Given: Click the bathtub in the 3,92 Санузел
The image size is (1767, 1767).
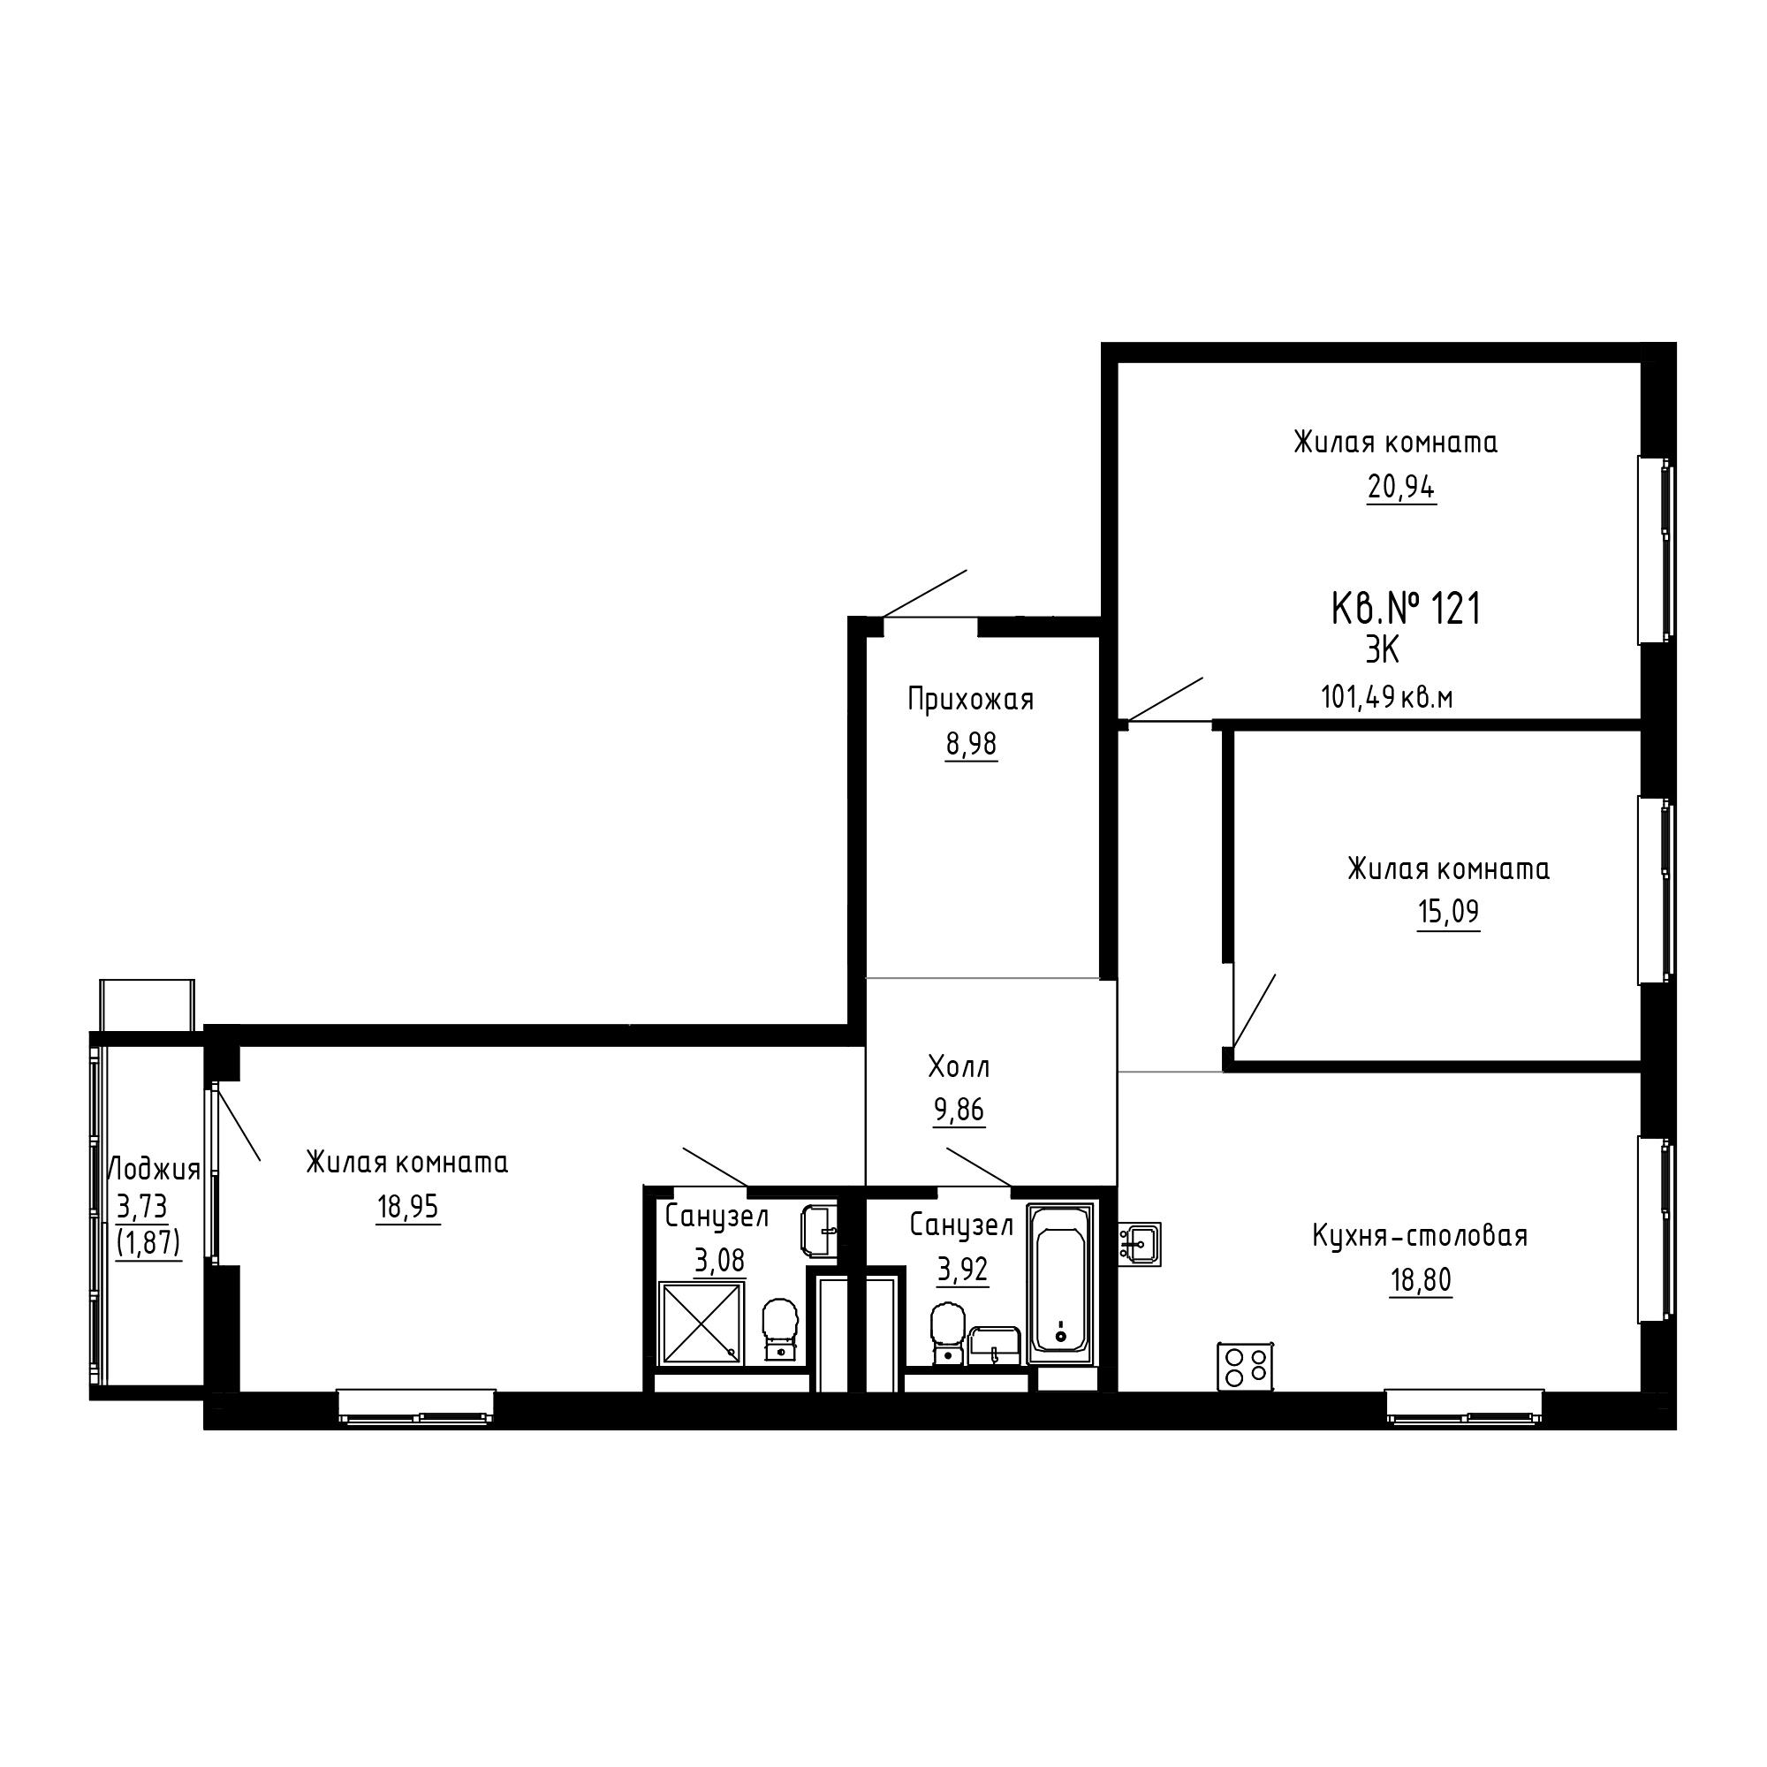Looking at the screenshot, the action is click(1061, 1283).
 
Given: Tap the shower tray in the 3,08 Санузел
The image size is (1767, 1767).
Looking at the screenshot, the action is click(701, 1323).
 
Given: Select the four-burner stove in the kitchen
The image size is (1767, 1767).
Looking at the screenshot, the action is click(1246, 1367).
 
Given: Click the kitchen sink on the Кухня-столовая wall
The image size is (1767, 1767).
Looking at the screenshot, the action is click(1140, 1244).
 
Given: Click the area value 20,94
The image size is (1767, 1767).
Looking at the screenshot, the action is click(1401, 488).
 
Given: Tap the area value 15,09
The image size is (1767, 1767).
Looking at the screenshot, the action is click(1448, 912).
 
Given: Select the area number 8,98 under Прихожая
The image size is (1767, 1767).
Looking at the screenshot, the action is click(971, 745).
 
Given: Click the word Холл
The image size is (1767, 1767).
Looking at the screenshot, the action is click(959, 1066).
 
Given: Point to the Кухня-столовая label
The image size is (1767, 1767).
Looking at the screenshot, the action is click(1420, 1236).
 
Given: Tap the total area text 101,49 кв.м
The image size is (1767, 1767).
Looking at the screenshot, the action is click(1386, 698).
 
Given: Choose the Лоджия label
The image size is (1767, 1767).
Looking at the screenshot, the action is click(154, 1170).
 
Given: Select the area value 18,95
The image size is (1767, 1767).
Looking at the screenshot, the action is click(408, 1208).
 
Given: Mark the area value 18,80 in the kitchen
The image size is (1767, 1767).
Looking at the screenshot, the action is click(1421, 1280).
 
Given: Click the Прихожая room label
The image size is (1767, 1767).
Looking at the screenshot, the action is click(970, 700).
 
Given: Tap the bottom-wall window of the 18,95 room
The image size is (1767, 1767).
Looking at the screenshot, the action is click(416, 1407).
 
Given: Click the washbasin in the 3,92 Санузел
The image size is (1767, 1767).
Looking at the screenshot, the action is click(994, 1346).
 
